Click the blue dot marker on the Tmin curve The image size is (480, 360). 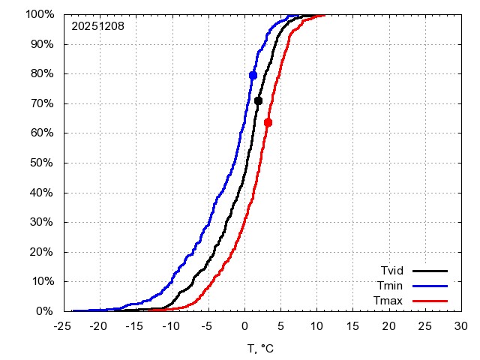(x=253, y=75)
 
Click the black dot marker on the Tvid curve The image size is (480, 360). (x=258, y=100)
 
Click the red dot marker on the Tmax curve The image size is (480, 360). (x=268, y=122)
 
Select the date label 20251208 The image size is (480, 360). (x=97, y=26)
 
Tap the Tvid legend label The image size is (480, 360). (x=393, y=270)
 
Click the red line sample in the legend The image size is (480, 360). (x=430, y=301)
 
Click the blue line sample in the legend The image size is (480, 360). (x=430, y=286)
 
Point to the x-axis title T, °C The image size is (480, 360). (x=262, y=349)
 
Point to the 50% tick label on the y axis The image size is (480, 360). (x=42, y=163)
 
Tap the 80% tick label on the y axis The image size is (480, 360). (x=42, y=73)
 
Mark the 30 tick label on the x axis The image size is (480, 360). (x=460, y=326)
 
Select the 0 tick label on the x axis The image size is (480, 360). (x=244, y=326)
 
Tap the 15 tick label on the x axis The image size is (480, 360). (x=352, y=326)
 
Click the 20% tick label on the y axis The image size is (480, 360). (x=42, y=252)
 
